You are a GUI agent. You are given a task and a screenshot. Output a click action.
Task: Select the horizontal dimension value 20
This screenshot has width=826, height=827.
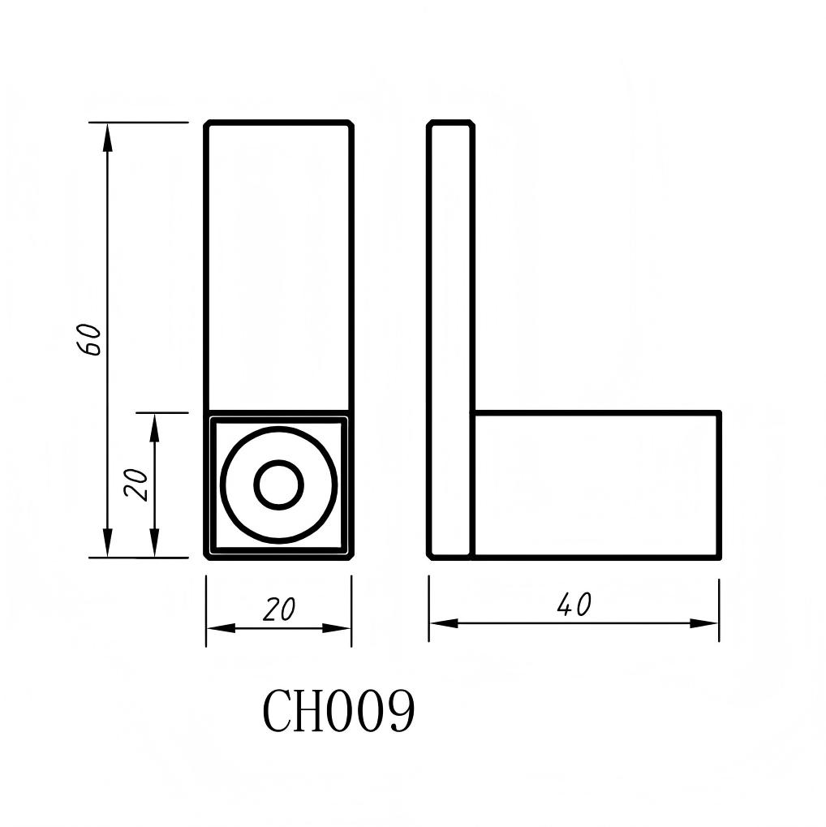pyautogui.click(x=278, y=609)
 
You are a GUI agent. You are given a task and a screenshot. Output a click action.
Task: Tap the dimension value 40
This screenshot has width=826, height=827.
pyautogui.click(x=574, y=605)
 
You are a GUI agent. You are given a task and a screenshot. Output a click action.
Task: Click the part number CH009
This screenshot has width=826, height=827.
pyautogui.click(x=338, y=711)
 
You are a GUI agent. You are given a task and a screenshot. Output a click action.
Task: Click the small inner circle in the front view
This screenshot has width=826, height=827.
pyautogui.click(x=278, y=485)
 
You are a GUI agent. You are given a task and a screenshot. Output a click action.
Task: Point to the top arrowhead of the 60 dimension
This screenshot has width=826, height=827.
pyautogui.click(x=107, y=135)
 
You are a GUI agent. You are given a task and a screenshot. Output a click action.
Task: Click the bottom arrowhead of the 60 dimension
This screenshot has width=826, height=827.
pyautogui.click(x=107, y=545)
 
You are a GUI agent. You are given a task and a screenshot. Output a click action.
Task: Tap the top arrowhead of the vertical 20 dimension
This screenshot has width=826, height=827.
pyautogui.click(x=154, y=424)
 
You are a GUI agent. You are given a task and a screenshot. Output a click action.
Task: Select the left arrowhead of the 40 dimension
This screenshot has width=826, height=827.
pyautogui.click(x=442, y=623)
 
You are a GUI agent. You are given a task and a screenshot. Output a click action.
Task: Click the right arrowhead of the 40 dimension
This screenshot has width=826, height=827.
pyautogui.click(x=706, y=623)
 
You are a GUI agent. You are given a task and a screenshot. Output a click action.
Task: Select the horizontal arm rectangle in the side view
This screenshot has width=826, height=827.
pyautogui.click(x=596, y=485)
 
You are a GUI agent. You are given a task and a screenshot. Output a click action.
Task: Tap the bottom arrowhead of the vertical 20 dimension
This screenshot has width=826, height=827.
pyautogui.click(x=154, y=545)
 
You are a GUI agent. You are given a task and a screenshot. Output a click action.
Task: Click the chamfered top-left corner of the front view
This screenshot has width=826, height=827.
pyautogui.click(x=208, y=124)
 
